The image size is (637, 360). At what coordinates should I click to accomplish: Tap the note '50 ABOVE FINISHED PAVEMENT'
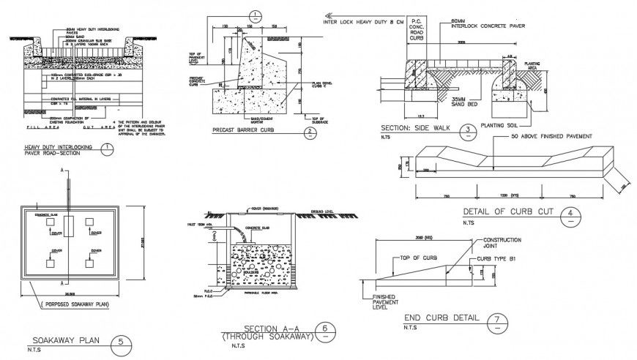[x=548, y=137]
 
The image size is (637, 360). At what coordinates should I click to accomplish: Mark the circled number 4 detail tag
[x=568, y=215]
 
